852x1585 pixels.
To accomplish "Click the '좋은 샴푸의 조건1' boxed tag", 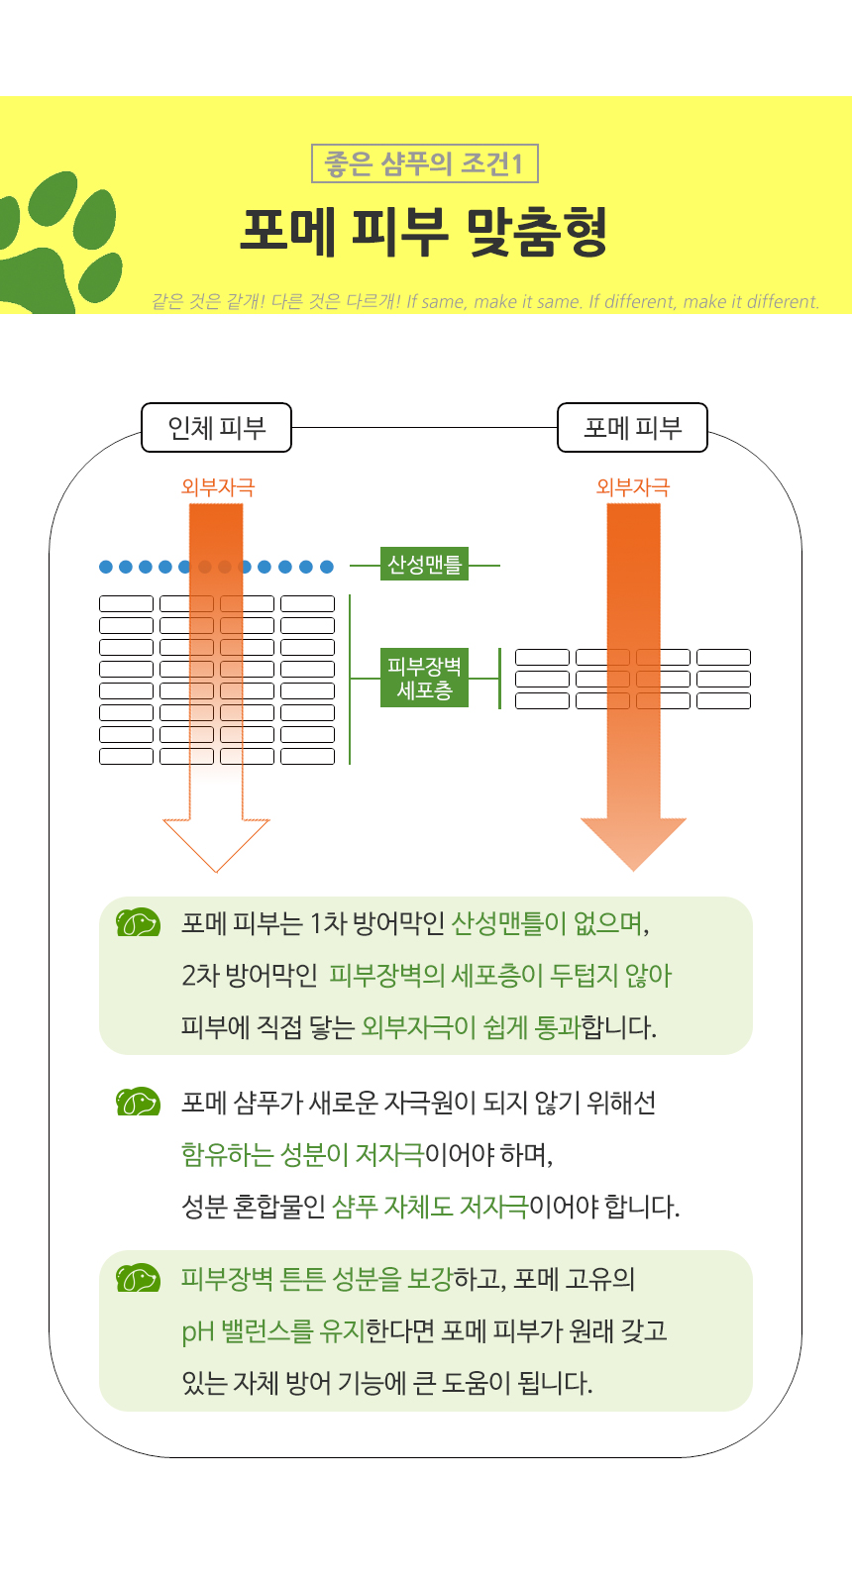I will [x=424, y=163].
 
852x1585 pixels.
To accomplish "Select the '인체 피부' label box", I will [x=216, y=428].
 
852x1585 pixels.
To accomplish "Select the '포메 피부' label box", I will [x=632, y=428].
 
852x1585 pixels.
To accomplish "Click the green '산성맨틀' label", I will [x=424, y=565].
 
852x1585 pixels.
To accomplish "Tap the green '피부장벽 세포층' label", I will [x=424, y=679].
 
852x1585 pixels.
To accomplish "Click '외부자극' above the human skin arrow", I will [x=217, y=487].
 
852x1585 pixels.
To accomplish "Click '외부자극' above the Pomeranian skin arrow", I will [x=632, y=487].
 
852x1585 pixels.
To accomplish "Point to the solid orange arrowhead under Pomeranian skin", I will [x=633, y=842].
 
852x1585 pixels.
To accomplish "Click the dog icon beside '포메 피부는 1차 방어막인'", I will [x=138, y=923].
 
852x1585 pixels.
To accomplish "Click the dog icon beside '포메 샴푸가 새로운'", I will [x=138, y=1102].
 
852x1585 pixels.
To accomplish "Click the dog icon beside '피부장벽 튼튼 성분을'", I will [x=138, y=1279].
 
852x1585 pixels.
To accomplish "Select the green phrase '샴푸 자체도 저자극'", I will [x=430, y=1207].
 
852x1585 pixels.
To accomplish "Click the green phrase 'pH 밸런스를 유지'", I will [x=273, y=1330].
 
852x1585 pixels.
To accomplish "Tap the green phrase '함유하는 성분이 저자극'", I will [x=302, y=1154].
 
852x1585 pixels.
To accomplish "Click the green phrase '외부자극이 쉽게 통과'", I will [x=471, y=1027].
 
